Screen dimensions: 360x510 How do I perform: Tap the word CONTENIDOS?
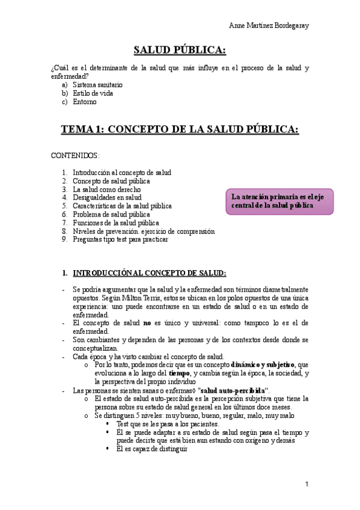(x=75, y=156)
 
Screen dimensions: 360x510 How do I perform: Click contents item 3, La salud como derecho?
(x=106, y=189)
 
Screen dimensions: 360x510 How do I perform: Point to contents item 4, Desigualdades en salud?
(x=107, y=197)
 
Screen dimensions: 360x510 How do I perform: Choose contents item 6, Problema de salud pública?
(x=111, y=214)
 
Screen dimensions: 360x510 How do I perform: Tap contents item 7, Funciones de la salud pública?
(x=115, y=223)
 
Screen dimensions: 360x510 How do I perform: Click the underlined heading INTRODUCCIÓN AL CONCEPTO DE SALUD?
(x=149, y=272)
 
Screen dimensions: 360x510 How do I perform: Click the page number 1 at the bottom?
(x=307, y=484)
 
